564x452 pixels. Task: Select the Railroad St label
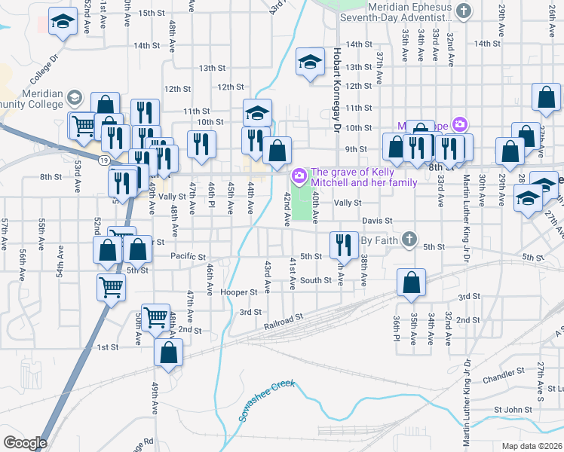tap(284, 322)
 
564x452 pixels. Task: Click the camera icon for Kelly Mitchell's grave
tap(299, 176)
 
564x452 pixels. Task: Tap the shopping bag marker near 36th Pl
tap(412, 282)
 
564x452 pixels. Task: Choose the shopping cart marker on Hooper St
tap(111, 286)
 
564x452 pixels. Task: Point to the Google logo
tap(25, 443)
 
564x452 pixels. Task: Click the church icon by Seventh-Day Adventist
tap(464, 11)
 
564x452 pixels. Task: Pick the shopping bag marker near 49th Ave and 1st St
tap(168, 352)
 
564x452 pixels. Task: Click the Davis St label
tap(377, 221)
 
